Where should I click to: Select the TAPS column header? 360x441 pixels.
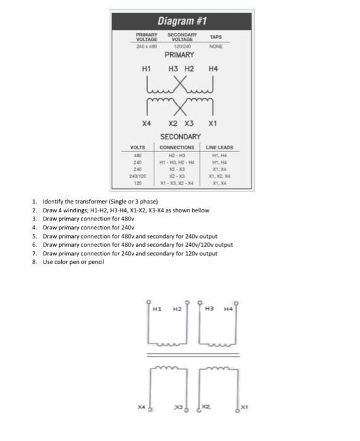[x=216, y=37]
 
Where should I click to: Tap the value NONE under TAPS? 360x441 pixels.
[x=216, y=46]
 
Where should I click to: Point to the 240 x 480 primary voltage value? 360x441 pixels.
[x=146, y=46]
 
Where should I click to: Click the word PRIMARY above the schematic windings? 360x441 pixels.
[x=180, y=55]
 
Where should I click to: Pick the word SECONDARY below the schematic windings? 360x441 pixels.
[x=180, y=137]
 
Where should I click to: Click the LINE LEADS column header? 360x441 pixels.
[x=219, y=147]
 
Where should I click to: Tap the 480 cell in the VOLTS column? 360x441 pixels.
[x=137, y=155]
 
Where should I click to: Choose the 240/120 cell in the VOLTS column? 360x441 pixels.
[x=137, y=176]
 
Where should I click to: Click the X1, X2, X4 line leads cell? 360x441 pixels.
[x=219, y=176]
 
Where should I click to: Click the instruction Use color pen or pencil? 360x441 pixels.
[x=73, y=262]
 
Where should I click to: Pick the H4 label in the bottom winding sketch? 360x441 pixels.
[x=228, y=309]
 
